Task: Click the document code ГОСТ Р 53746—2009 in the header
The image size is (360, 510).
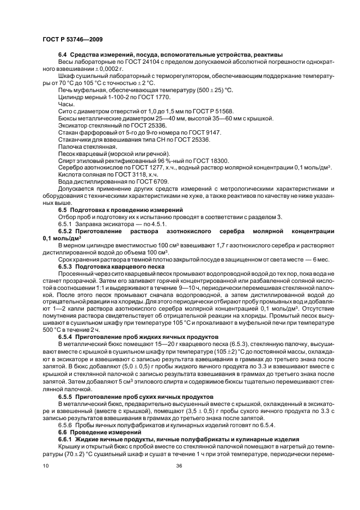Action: click(72, 40)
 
